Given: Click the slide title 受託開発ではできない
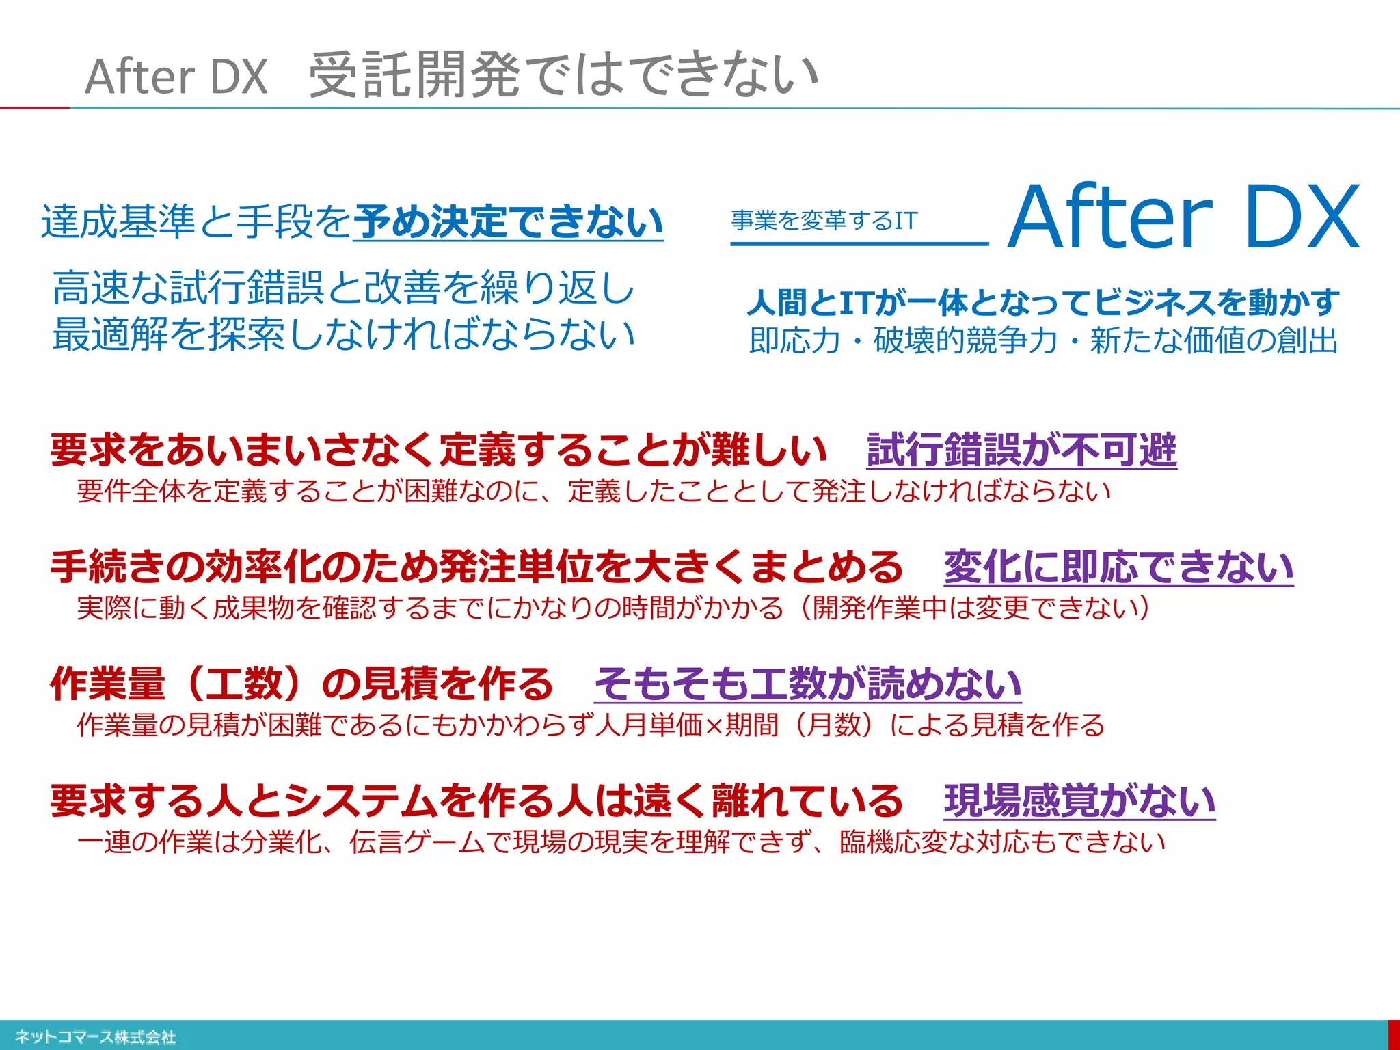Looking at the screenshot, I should coord(563,75).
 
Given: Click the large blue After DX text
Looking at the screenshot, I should coord(1183,217).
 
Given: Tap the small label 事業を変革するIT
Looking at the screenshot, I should coord(824,220).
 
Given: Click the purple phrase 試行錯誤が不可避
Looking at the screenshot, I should coord(1021,450).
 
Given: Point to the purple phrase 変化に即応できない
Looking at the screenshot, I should coord(1118,567).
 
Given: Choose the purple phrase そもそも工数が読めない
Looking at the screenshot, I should coord(807,684).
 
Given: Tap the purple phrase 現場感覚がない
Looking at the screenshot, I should coord(1079,800).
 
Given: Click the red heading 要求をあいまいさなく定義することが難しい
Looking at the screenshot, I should coord(439,450).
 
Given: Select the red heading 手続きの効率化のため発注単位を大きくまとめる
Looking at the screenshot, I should coord(476,567).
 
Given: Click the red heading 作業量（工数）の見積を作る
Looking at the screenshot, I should coord(301,684).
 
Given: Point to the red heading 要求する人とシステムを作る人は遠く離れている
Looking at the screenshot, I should coord(476,800).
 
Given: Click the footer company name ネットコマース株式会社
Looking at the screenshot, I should coord(95,1037).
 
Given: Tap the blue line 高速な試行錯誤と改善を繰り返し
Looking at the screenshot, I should coord(344,287).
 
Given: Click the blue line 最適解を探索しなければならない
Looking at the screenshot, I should coord(344,334).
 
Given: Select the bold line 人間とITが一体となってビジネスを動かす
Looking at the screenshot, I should coord(1043,302).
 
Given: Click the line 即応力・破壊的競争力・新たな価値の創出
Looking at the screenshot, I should coord(1043,340).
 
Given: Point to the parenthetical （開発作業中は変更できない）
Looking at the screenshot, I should coord(974,607).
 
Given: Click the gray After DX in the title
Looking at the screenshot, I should coord(176,76).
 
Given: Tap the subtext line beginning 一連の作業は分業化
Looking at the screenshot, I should coord(621,842).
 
